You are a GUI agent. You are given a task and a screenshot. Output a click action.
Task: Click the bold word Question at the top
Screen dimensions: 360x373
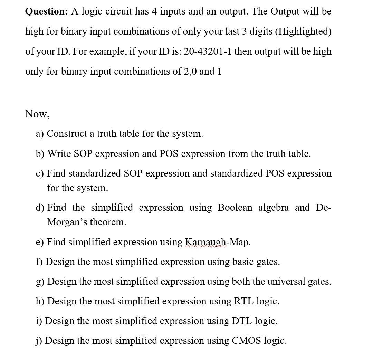click(x=46, y=11)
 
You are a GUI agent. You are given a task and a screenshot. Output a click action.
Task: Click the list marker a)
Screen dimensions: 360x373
click(x=40, y=134)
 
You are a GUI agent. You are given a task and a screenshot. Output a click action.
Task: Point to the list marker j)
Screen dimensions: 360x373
click(x=39, y=341)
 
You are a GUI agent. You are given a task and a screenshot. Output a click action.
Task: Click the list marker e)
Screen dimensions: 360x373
click(x=40, y=242)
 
